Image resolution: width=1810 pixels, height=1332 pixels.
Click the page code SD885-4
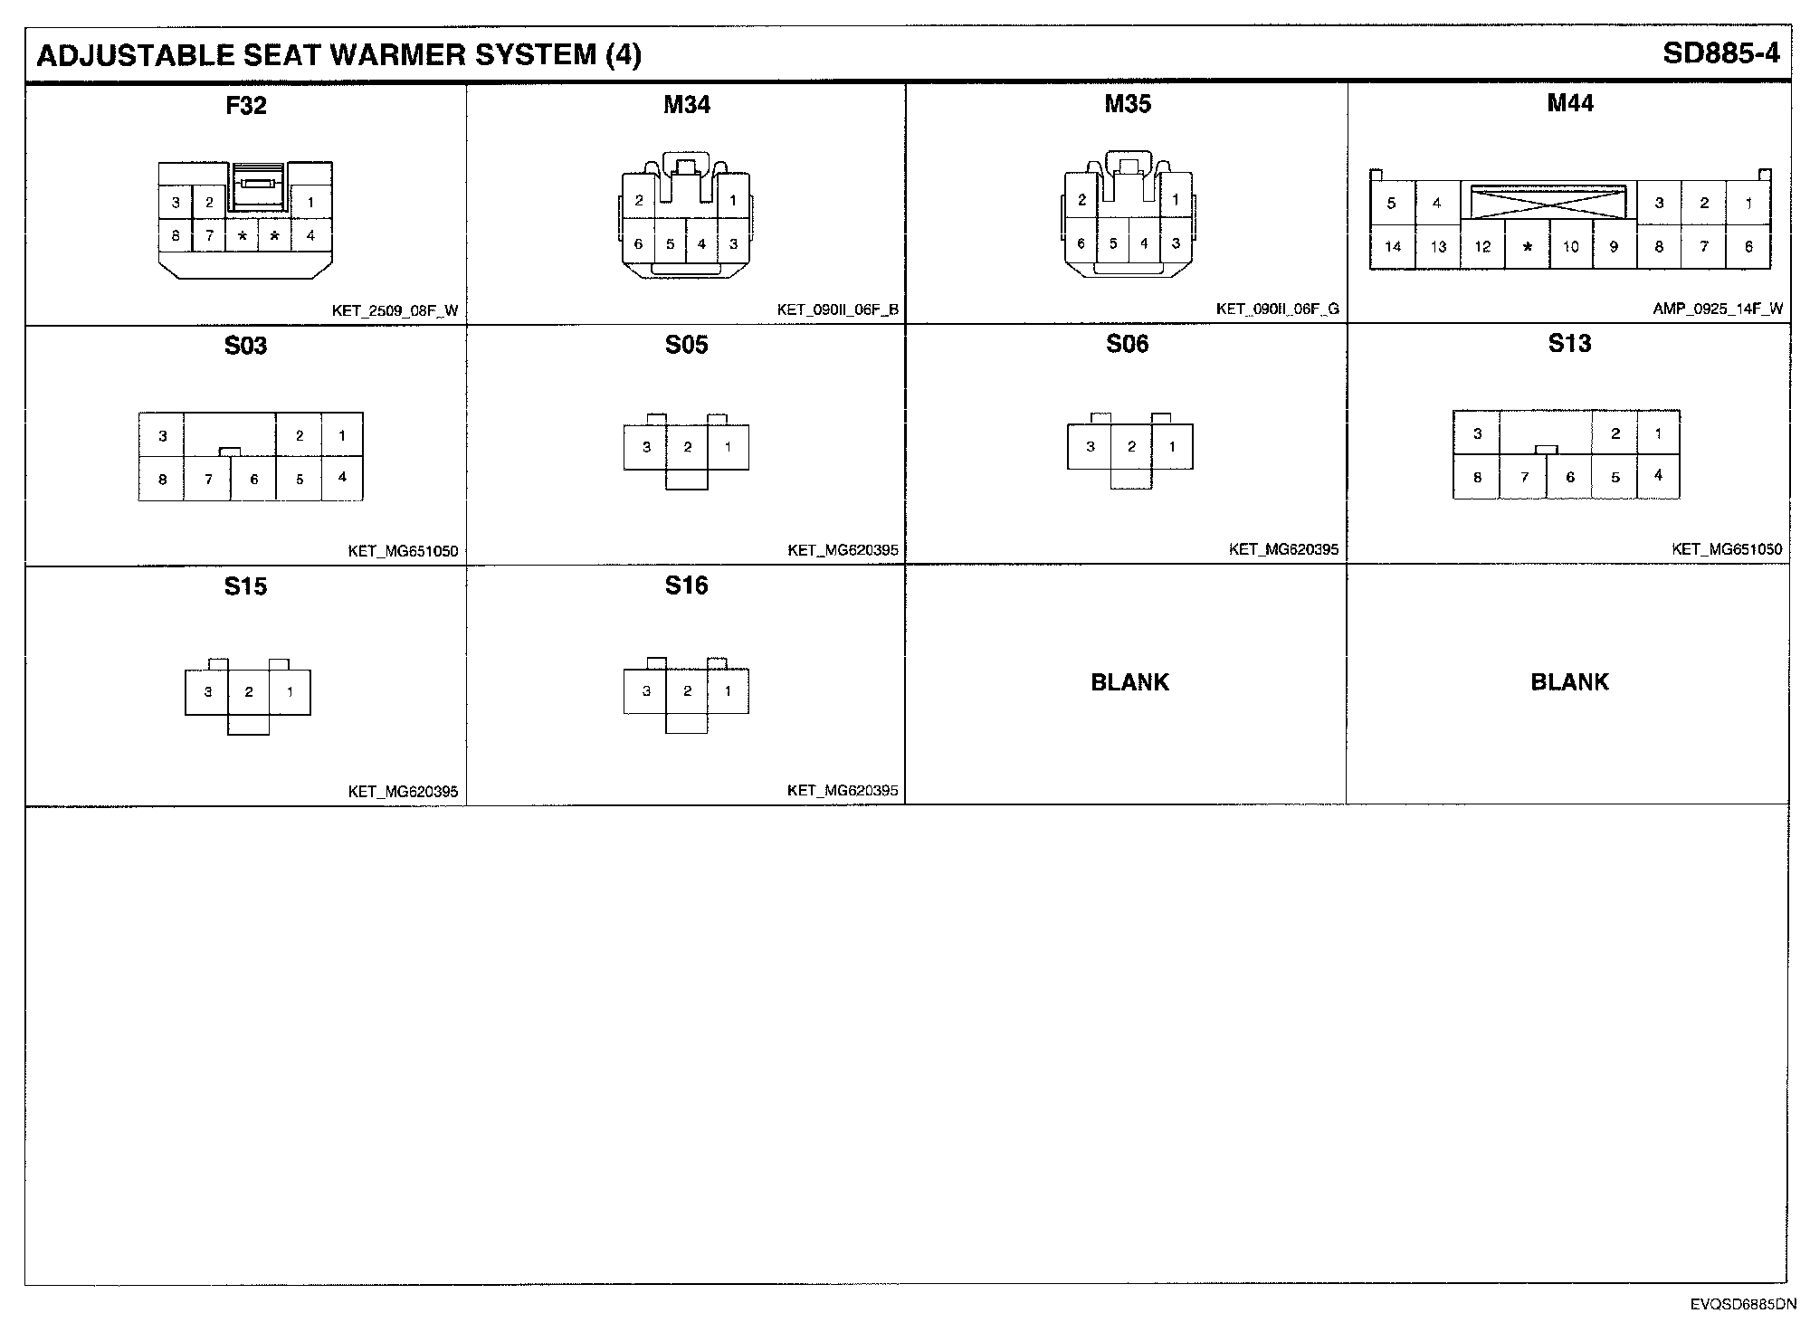tap(1720, 53)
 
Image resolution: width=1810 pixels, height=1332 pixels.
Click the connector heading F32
tap(245, 106)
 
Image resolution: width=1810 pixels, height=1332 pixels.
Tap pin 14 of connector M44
tap(1392, 246)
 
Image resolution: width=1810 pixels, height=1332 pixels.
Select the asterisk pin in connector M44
tap(1527, 247)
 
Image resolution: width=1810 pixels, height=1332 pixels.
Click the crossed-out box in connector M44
tap(1548, 202)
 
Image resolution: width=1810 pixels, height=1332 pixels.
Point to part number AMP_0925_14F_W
tap(1718, 309)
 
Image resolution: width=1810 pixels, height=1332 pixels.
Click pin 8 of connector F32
tap(176, 236)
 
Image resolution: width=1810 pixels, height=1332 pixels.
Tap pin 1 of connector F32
tap(310, 202)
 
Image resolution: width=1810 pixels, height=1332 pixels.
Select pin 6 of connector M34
tap(638, 243)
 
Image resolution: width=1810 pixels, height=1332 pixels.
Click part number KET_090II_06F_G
tap(1277, 309)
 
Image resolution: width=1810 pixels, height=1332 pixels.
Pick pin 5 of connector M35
tap(1112, 243)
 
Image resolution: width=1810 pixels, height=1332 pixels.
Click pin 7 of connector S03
tap(208, 479)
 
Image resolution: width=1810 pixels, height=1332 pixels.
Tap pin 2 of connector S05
tap(688, 447)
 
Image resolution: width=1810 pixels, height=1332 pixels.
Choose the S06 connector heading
tap(1127, 344)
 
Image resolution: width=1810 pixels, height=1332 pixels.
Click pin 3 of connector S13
tap(1477, 433)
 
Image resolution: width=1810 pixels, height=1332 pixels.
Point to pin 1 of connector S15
tap(290, 692)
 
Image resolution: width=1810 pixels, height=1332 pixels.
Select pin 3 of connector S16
tap(646, 691)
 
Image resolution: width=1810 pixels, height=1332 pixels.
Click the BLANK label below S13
tap(1569, 681)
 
